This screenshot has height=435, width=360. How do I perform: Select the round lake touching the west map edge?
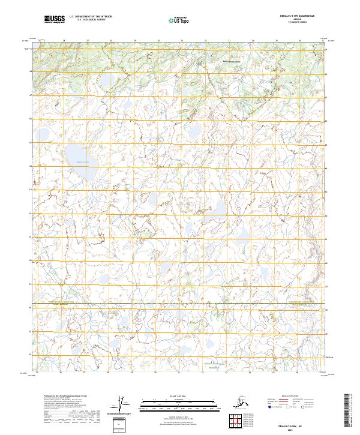coord(43,135)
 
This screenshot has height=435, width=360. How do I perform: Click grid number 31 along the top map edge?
coord(182,41)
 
